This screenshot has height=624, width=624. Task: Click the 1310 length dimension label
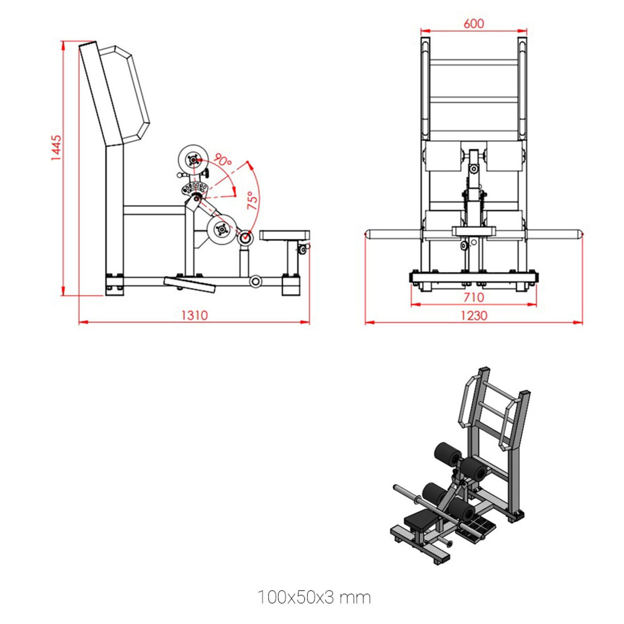click(x=194, y=315)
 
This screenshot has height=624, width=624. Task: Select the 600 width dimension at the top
click(x=473, y=24)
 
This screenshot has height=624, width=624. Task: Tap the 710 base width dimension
click(x=473, y=297)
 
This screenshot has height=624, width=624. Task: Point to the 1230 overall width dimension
click(x=473, y=315)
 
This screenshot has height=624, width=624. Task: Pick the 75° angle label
click(x=253, y=200)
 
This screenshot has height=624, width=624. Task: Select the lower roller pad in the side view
click(x=222, y=230)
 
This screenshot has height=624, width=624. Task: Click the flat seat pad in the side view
click(x=284, y=235)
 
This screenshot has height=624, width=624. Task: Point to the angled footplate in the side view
click(x=190, y=284)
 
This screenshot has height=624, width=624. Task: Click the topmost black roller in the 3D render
click(x=447, y=453)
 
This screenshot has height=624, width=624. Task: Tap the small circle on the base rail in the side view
click(x=255, y=281)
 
